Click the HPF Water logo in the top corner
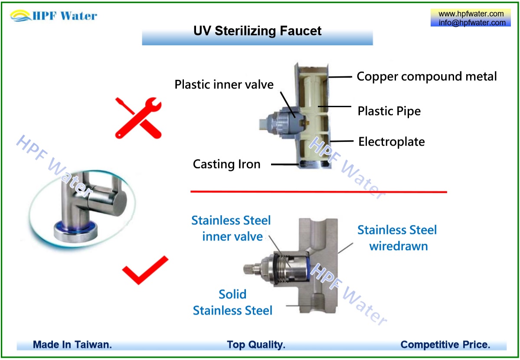[x=54, y=16]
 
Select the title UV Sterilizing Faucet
[x=257, y=31]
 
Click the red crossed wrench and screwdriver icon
[x=138, y=118]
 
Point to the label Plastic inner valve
[x=224, y=84]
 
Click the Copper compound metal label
[x=426, y=76]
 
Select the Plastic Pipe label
[x=389, y=111]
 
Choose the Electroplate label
[x=391, y=141]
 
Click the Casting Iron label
[x=226, y=164]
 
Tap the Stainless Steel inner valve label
[x=231, y=228]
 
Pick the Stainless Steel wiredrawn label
[x=397, y=238]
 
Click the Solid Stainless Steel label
[x=232, y=302]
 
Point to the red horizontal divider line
[x=318, y=191]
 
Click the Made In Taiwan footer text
[x=72, y=345]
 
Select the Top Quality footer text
[x=256, y=345]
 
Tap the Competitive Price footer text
[x=445, y=345]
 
